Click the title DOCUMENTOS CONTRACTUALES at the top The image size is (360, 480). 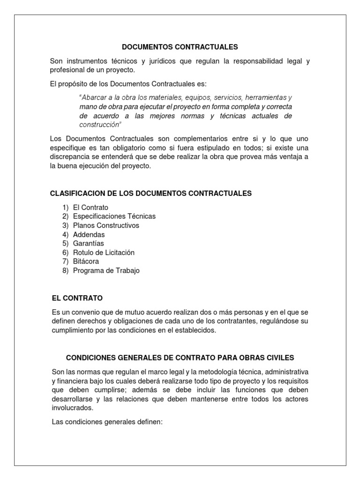pos(180,47)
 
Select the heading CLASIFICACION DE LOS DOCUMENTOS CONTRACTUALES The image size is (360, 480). pos(150,193)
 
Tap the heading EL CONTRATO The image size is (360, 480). pos(77,298)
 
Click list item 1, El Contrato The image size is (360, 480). pos(90,207)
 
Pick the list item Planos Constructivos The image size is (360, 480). pos(106,225)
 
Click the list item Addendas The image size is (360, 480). pos(89,234)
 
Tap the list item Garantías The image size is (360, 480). pos(88,243)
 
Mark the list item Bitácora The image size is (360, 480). pos(86,262)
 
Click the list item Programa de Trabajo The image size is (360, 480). pos(106,270)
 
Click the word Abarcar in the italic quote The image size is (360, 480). pos(96,97)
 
